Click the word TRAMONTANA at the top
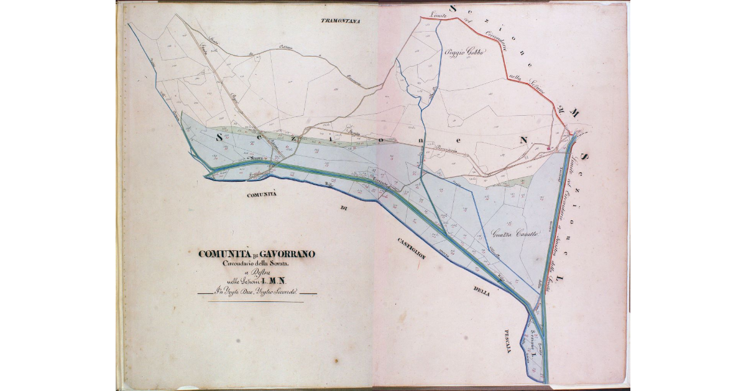tap(341, 21)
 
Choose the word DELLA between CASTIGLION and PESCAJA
tap(481, 291)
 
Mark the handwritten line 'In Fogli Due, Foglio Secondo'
tap(256, 291)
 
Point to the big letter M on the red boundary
tap(575, 114)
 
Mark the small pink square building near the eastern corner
tap(549, 148)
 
